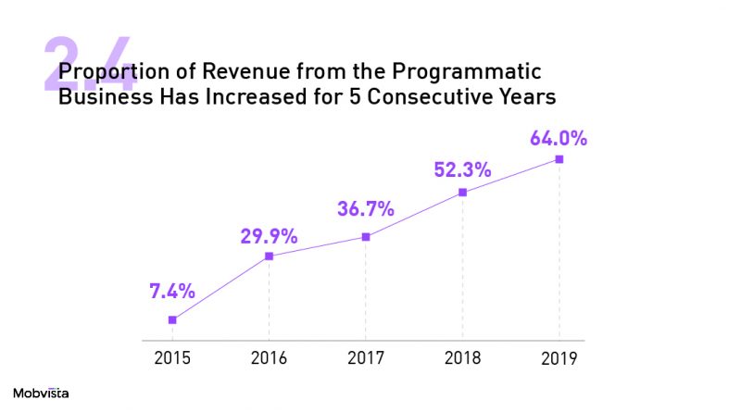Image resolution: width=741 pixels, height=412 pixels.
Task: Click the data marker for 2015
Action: [x=172, y=319]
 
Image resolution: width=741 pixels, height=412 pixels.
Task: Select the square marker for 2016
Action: [x=270, y=256]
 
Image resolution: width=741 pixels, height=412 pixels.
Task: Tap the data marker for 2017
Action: [x=366, y=237]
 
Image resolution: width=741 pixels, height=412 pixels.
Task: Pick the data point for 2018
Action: [x=462, y=193]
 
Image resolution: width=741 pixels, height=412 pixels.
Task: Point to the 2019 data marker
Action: [x=559, y=159]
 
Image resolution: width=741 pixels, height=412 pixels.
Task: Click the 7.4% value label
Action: [x=172, y=291]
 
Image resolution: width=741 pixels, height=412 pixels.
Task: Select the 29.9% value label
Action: [x=269, y=236]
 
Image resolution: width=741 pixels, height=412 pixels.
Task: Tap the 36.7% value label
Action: [x=366, y=208]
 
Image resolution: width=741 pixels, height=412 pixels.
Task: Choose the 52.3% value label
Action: [x=462, y=170]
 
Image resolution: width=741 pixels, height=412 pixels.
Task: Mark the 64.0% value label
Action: [x=559, y=139]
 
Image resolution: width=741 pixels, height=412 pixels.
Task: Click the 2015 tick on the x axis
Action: [x=172, y=358]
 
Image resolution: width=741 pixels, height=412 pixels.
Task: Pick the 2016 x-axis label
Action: [x=269, y=358]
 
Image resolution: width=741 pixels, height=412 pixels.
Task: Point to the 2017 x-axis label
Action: [x=366, y=358]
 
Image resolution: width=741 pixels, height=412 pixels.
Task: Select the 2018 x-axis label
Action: [x=462, y=358]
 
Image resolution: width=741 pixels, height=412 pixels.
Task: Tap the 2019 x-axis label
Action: [x=559, y=358]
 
